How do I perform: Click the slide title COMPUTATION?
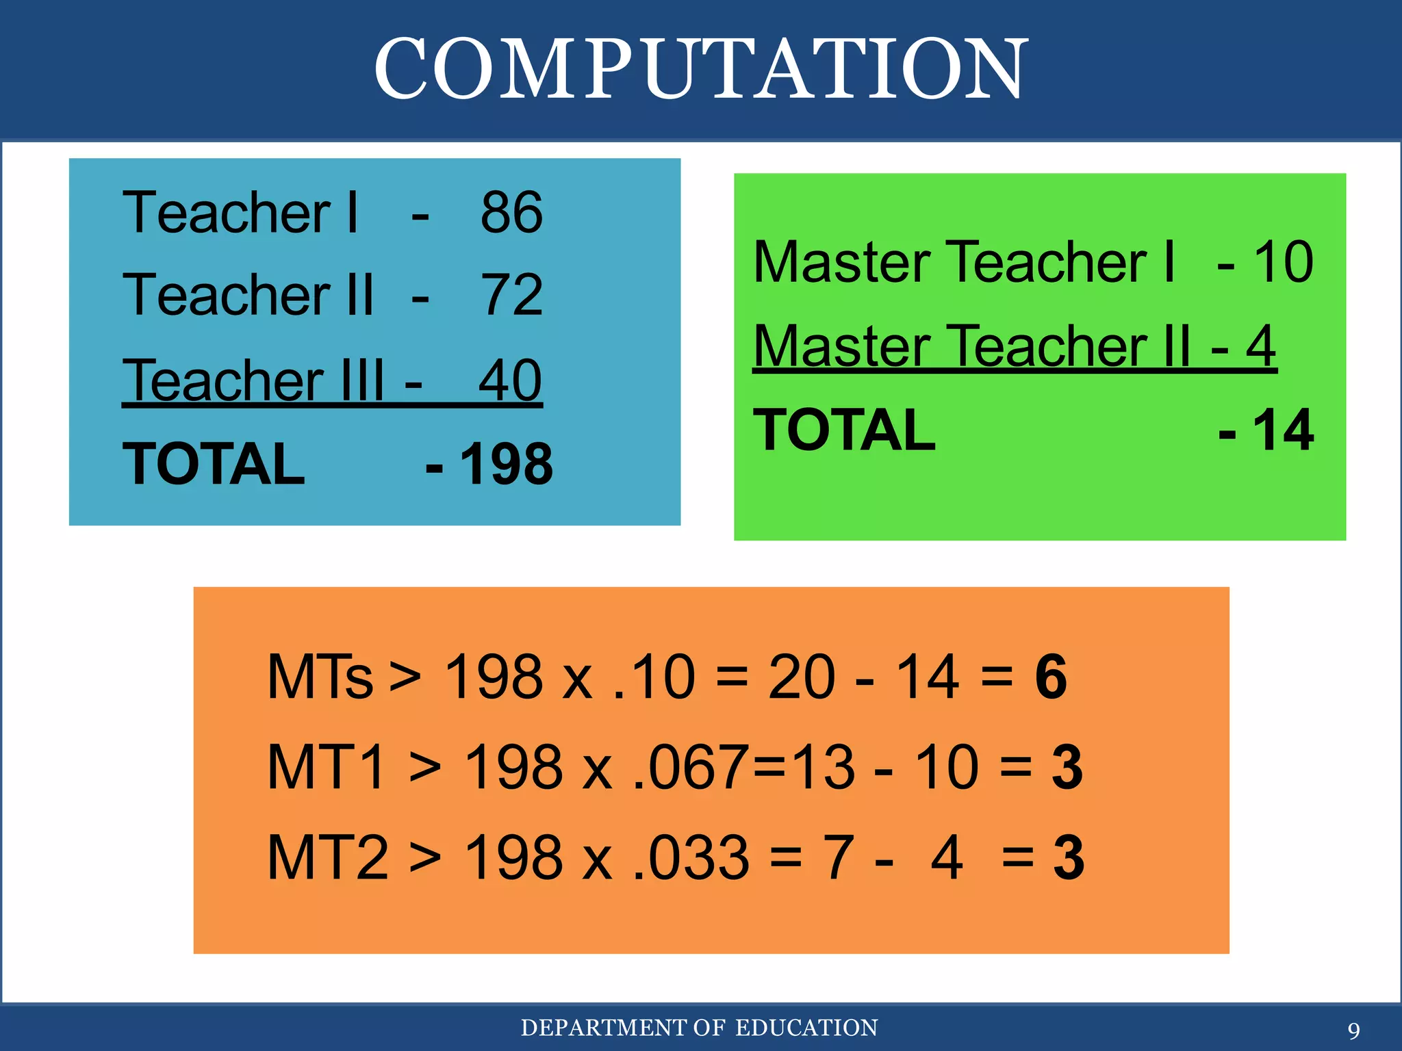(701, 68)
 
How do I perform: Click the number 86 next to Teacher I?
(511, 213)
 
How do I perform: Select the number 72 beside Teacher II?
(513, 295)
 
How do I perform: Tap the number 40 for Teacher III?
(510, 380)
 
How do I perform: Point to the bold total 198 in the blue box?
(507, 465)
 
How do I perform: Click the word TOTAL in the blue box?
(214, 465)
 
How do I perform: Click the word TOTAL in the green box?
(844, 430)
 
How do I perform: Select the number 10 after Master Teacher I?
(1283, 262)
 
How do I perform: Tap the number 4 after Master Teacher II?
(1260, 346)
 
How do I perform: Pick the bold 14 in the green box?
(1283, 430)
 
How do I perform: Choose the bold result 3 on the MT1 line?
(1067, 768)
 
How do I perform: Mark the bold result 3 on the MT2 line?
(1069, 857)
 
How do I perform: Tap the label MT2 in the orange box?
(328, 857)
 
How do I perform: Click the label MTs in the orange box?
(320, 677)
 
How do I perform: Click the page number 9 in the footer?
(1353, 1030)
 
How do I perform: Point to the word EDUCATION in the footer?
(806, 1028)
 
